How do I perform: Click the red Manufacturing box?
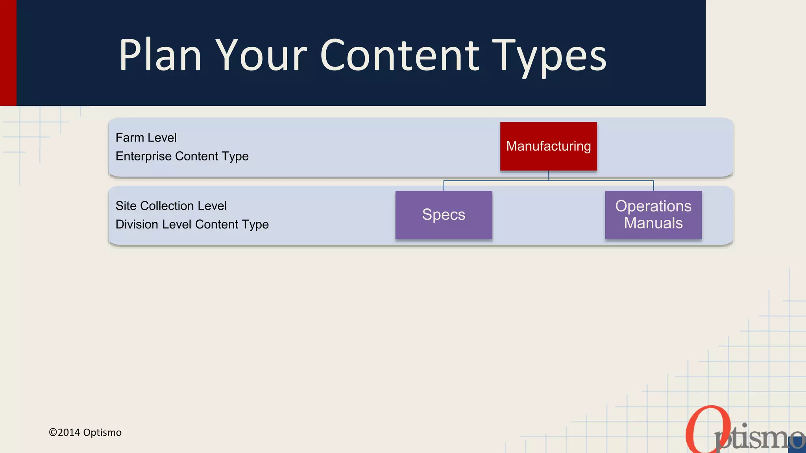point(548,146)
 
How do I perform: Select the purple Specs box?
point(444,215)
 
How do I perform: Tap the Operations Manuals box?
point(653,215)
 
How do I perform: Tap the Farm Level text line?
point(146,138)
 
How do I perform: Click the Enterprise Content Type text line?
point(182,156)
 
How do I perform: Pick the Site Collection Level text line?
point(171,206)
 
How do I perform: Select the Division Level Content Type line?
point(192,224)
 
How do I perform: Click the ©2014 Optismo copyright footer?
point(85,433)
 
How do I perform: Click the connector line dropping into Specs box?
point(444,186)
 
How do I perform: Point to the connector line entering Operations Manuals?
point(653,186)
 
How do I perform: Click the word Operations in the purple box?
point(653,206)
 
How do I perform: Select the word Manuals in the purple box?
point(653,223)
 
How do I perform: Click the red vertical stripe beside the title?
point(8,53)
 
